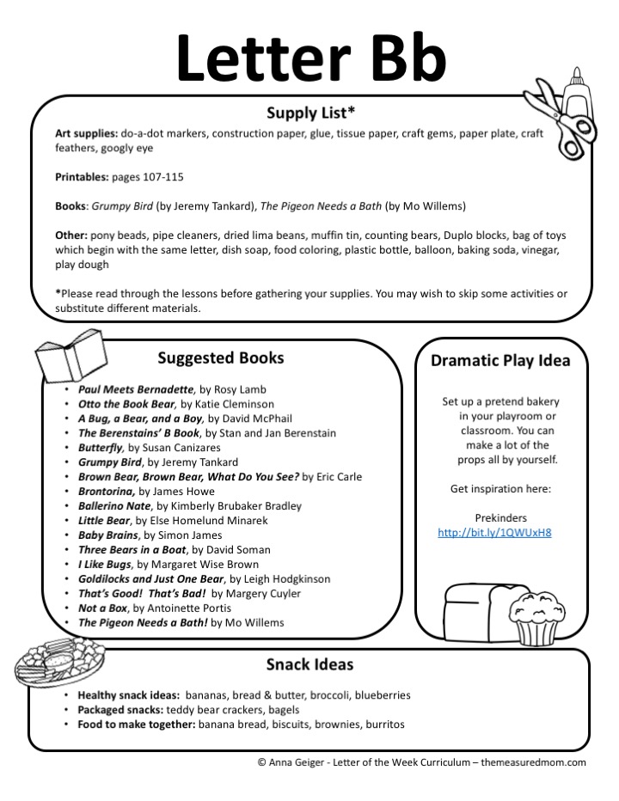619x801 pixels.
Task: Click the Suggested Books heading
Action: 221,358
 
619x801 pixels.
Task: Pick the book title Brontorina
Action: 107,491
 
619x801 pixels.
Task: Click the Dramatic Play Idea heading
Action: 500,360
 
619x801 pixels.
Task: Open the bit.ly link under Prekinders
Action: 494,532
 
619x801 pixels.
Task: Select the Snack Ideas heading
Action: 309,664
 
